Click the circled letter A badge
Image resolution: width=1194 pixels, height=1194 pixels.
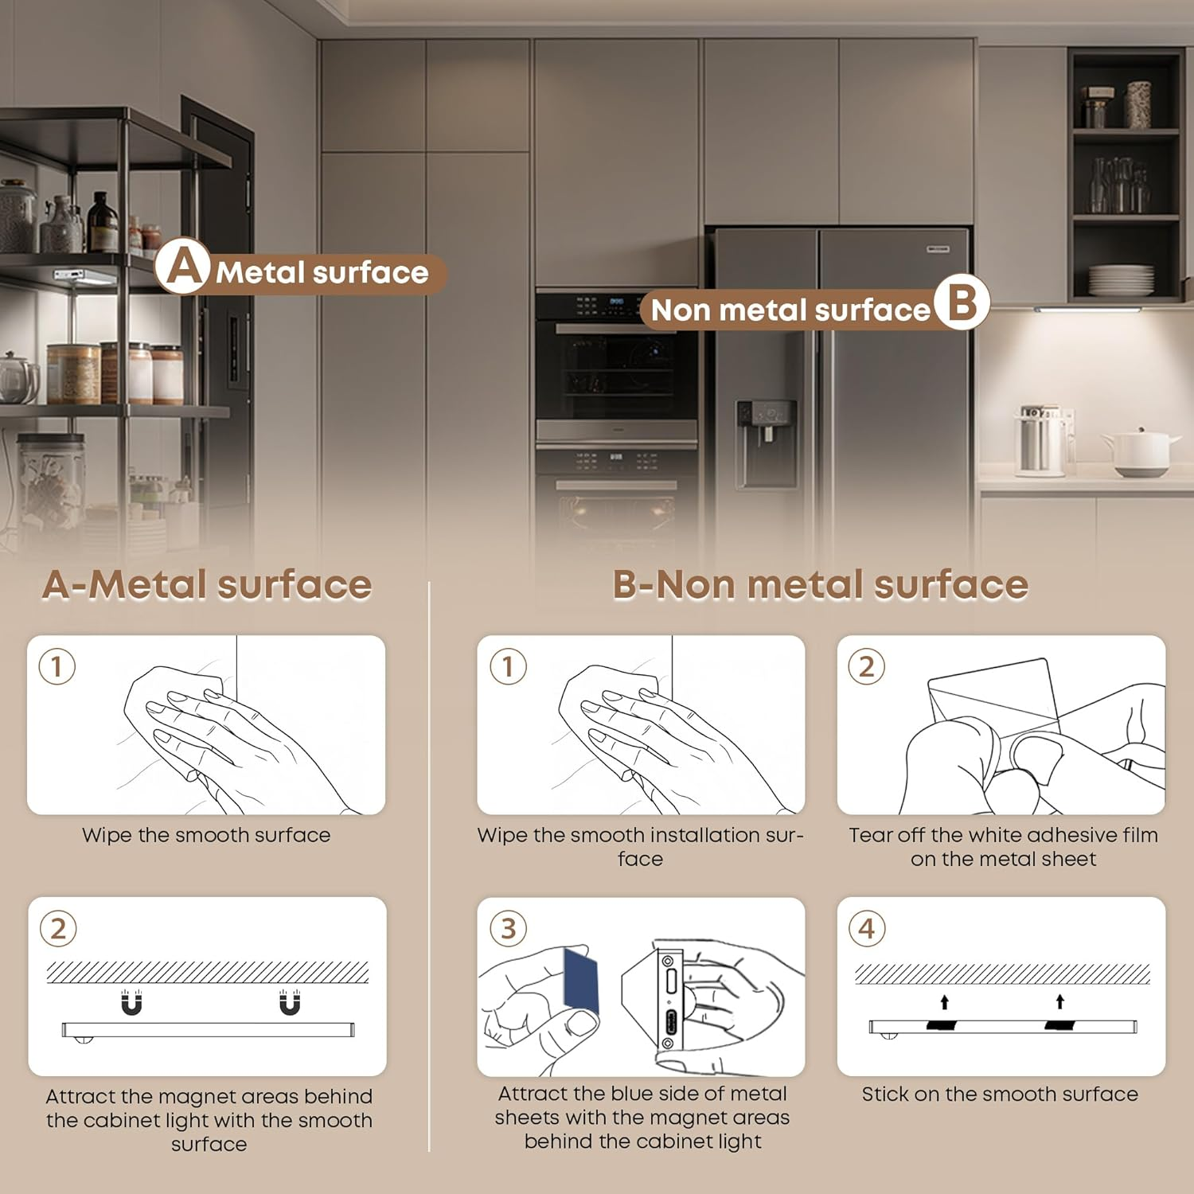pyautogui.click(x=183, y=267)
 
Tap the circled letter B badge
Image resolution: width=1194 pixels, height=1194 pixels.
pyautogui.click(x=962, y=302)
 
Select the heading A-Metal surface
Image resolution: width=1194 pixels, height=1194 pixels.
pyautogui.click(x=207, y=584)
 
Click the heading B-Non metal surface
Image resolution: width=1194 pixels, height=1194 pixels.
pyautogui.click(x=820, y=584)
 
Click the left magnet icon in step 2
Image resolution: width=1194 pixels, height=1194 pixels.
pyautogui.click(x=131, y=1002)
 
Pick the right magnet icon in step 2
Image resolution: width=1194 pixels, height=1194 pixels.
pyautogui.click(x=290, y=1002)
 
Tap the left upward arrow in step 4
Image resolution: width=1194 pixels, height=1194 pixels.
pyautogui.click(x=945, y=1001)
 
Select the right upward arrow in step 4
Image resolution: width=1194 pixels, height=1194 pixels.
pyautogui.click(x=1060, y=1001)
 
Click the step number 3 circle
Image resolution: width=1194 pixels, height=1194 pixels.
pyautogui.click(x=508, y=928)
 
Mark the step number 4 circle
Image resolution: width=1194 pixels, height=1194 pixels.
pyautogui.click(x=867, y=928)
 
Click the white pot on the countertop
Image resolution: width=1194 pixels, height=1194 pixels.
pyautogui.click(x=1141, y=451)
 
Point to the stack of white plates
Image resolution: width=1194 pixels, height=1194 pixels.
pyautogui.click(x=1121, y=280)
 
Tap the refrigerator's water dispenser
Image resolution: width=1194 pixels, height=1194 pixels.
pyautogui.click(x=766, y=443)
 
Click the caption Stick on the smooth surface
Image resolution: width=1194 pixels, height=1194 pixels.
pyautogui.click(x=1000, y=1094)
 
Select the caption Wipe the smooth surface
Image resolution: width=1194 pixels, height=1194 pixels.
pyautogui.click(x=206, y=835)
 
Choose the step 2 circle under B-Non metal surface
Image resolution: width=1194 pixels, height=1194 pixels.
pyautogui.click(x=867, y=666)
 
